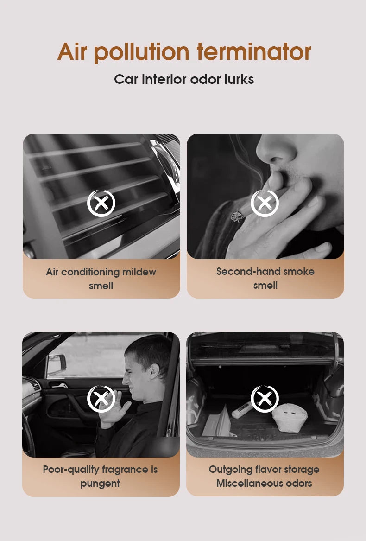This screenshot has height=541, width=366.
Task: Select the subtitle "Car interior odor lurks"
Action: click(184, 79)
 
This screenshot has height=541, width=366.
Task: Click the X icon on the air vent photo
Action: click(101, 203)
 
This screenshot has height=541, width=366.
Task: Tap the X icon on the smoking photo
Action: click(265, 203)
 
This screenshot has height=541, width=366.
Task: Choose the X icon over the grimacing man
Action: click(101, 399)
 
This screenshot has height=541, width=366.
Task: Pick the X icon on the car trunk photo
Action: click(265, 399)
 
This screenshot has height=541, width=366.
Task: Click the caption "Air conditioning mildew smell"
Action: click(101, 279)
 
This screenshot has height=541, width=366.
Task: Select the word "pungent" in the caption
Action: click(100, 483)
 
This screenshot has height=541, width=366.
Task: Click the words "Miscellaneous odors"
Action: click(264, 483)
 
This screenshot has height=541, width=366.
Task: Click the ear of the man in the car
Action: click(154, 370)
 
